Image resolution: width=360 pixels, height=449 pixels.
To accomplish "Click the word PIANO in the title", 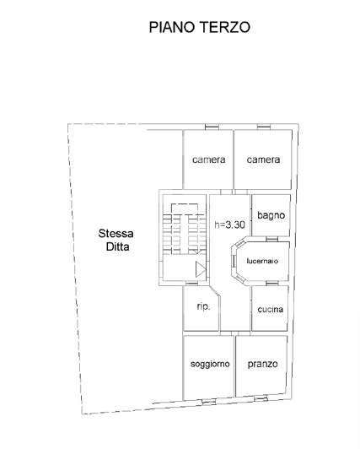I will pyautogui.click(x=170, y=27).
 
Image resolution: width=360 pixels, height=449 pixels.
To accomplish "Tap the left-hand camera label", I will pyautogui.click(x=207, y=160).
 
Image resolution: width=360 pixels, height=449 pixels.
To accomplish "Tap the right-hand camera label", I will pyautogui.click(x=263, y=160).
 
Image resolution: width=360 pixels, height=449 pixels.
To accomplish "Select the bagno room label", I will pyautogui.click(x=271, y=215).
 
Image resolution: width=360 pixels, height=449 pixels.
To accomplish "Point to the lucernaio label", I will pyautogui.click(x=264, y=260).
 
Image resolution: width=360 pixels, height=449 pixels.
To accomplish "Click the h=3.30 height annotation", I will pyautogui.click(x=229, y=224).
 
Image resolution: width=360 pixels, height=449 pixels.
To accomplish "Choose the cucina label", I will pyautogui.click(x=271, y=309).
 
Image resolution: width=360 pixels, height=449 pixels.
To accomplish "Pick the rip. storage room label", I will pyautogui.click(x=203, y=306).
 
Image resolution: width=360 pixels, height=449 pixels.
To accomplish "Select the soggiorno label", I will pyautogui.click(x=210, y=365).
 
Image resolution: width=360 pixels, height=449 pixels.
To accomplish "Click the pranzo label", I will pyautogui.click(x=263, y=365).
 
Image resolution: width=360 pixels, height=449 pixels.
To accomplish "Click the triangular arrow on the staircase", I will pyautogui.click(x=200, y=269).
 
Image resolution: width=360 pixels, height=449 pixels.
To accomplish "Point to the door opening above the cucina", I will pyautogui.click(x=271, y=285).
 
